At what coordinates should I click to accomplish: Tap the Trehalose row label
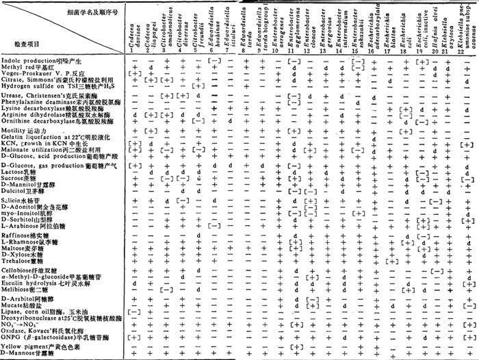point(27,259)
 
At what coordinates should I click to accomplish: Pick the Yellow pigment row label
point(38,347)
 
